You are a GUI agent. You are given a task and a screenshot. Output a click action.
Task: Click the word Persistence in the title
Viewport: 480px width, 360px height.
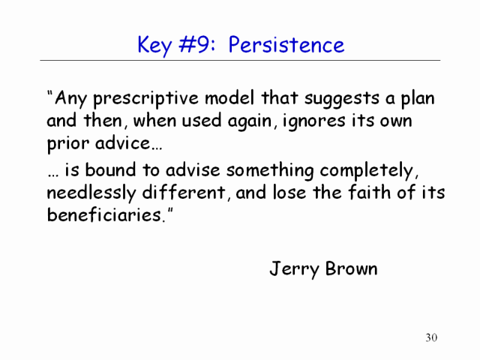pyautogui.click(x=286, y=45)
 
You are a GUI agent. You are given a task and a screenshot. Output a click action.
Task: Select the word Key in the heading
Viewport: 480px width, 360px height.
pyautogui.click(x=154, y=46)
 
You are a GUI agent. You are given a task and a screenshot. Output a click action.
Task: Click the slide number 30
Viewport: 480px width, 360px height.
pyautogui.click(x=431, y=337)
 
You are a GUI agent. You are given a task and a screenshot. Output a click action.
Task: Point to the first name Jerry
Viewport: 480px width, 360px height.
pyautogui.click(x=295, y=269)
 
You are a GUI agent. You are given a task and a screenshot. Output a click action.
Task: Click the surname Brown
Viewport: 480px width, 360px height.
pyautogui.click(x=351, y=268)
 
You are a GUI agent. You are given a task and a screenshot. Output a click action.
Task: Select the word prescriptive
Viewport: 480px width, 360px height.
pyautogui.click(x=145, y=99)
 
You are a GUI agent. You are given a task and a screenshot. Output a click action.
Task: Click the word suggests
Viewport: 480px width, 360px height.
pyautogui.click(x=342, y=99)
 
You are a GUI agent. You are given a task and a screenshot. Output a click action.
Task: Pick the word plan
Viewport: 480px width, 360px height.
pyautogui.click(x=418, y=99)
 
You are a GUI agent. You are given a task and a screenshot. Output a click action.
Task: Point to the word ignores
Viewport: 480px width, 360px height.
pyautogui.click(x=313, y=121)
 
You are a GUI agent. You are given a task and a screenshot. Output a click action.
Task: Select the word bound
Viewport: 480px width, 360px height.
pyautogui.click(x=110, y=169)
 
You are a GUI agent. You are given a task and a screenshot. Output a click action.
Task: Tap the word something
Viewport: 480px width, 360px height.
pyautogui.click(x=270, y=171)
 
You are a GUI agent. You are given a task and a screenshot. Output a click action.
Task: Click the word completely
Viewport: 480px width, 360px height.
pyautogui.click(x=367, y=171)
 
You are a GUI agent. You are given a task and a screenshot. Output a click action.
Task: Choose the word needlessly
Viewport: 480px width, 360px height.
pyautogui.click(x=91, y=193)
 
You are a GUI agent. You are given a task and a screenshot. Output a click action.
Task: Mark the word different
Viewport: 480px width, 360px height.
pyautogui.click(x=183, y=192)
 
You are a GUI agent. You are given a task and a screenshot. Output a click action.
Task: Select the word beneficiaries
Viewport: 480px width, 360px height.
pyautogui.click(x=104, y=214)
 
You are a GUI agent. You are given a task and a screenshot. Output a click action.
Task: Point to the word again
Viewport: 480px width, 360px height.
pyautogui.click(x=249, y=121)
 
